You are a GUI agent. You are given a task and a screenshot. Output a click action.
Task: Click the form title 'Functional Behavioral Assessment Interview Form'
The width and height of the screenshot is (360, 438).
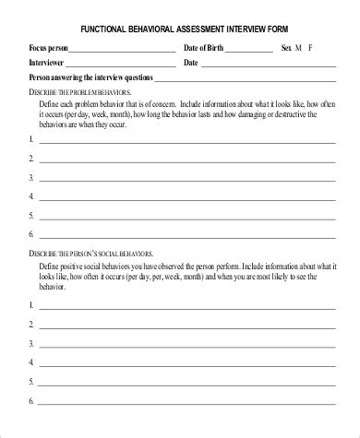tap(179, 28)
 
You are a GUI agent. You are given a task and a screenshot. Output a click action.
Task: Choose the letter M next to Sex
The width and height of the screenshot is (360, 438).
tap(297, 48)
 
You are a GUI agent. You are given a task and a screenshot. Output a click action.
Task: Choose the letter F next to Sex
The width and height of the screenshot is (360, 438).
tap(311, 48)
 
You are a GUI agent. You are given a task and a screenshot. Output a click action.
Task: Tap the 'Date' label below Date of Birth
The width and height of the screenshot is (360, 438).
tap(191, 63)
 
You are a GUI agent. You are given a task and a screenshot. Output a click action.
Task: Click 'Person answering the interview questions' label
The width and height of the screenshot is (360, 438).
tap(90, 78)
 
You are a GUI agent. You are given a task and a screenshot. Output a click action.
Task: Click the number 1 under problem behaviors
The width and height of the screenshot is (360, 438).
tap(31, 139)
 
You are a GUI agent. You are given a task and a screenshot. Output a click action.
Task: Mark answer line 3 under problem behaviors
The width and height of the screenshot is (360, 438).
tap(184, 180)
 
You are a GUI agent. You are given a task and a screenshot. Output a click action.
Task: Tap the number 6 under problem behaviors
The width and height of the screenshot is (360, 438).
tap(31, 233)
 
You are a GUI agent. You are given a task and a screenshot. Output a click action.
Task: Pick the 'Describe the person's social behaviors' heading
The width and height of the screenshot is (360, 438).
tap(91, 253)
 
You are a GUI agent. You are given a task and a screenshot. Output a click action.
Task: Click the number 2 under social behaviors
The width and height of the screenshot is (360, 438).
tap(31, 324)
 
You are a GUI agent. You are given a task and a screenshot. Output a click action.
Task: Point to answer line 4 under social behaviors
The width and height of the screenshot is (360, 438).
tap(184, 364)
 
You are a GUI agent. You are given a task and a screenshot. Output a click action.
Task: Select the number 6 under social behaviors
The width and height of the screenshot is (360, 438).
tap(31, 401)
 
